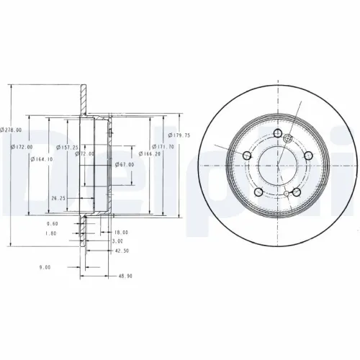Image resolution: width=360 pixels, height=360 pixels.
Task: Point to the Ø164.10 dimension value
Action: click(x=41, y=159)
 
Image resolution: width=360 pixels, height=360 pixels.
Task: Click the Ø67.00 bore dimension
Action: click(x=125, y=165)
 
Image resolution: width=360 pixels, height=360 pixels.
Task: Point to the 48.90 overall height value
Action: click(x=125, y=276)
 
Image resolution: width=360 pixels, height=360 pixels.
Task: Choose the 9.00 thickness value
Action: click(x=45, y=267)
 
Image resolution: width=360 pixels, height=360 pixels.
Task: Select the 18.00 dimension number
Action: click(x=121, y=232)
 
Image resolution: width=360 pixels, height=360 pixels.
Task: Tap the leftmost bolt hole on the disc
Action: click(x=248, y=156)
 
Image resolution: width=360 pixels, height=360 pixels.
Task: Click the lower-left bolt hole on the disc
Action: click(x=259, y=192)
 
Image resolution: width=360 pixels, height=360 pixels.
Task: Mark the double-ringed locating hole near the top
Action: click(x=288, y=139)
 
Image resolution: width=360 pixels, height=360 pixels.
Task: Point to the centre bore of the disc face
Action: click(x=279, y=166)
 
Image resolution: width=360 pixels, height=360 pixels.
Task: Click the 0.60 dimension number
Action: click(x=51, y=224)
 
